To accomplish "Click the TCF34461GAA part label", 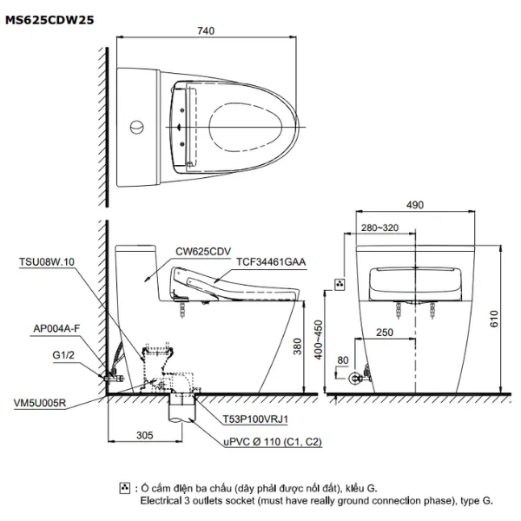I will point(257,260).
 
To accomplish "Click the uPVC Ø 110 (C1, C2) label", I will point(268,442).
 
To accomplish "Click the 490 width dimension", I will point(414,206).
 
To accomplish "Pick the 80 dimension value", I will point(344,359).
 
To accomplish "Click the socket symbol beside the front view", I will point(340,284).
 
